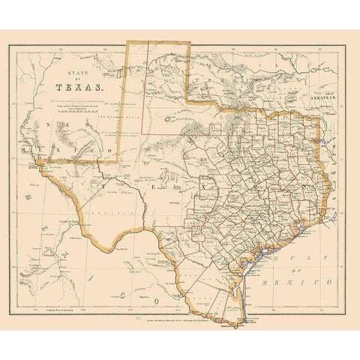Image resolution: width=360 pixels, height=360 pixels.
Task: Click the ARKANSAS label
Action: [x=325, y=97]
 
